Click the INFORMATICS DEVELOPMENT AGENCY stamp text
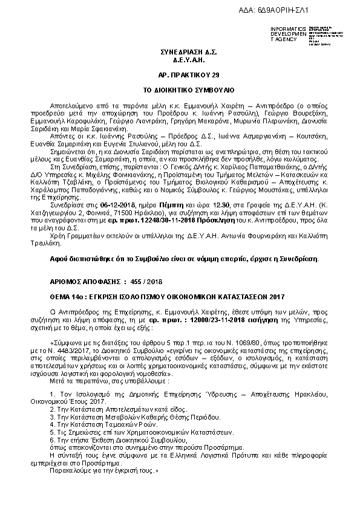[289, 34]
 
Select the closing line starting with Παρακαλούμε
[105, 468]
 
